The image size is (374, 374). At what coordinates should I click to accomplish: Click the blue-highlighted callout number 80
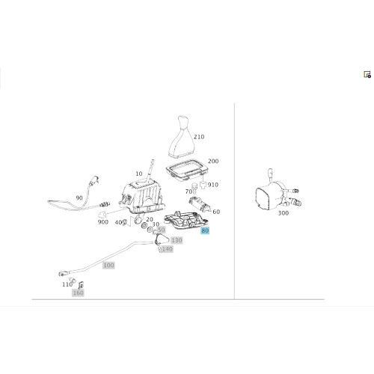click(205, 230)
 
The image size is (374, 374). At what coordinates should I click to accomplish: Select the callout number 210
click(199, 137)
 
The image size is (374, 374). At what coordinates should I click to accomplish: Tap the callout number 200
click(213, 162)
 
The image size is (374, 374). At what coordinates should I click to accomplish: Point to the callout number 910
click(213, 185)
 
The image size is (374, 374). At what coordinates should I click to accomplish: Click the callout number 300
click(283, 213)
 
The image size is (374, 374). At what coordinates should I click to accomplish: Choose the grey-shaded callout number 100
click(108, 266)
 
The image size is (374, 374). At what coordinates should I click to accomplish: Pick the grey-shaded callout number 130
click(177, 240)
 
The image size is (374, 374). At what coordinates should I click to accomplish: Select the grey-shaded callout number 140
click(167, 249)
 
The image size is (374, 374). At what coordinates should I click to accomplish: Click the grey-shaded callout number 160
click(78, 292)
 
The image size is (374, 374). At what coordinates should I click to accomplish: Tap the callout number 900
click(103, 222)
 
